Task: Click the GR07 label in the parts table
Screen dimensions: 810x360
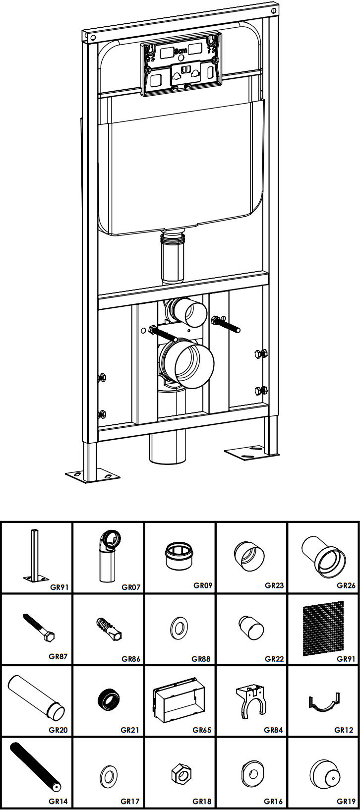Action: [x=131, y=587]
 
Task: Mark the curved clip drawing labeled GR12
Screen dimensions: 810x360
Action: [x=323, y=703]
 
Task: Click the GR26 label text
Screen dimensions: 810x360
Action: [x=346, y=585]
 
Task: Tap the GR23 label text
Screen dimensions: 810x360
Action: [x=274, y=585]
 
